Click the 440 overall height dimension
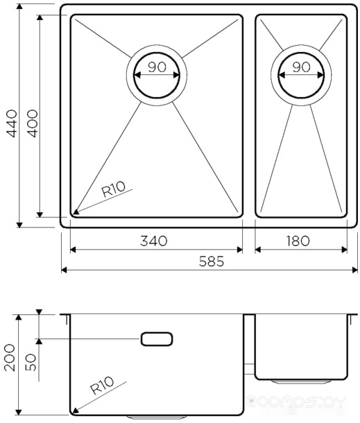pyautogui.click(x=12, y=123)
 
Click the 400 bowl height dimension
pyautogui.click(x=33, y=123)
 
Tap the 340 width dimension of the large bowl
pyautogui.click(x=153, y=241)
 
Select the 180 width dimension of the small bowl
pyautogui.click(x=298, y=241)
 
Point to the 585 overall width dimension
pyautogui.click(x=212, y=261)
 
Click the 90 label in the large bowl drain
pyautogui.click(x=157, y=67)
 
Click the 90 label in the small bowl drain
pyautogui.click(x=301, y=67)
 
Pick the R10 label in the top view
pyautogui.click(x=113, y=189)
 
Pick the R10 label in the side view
pyautogui.click(x=102, y=386)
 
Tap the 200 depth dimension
pyautogui.click(x=10, y=358)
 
